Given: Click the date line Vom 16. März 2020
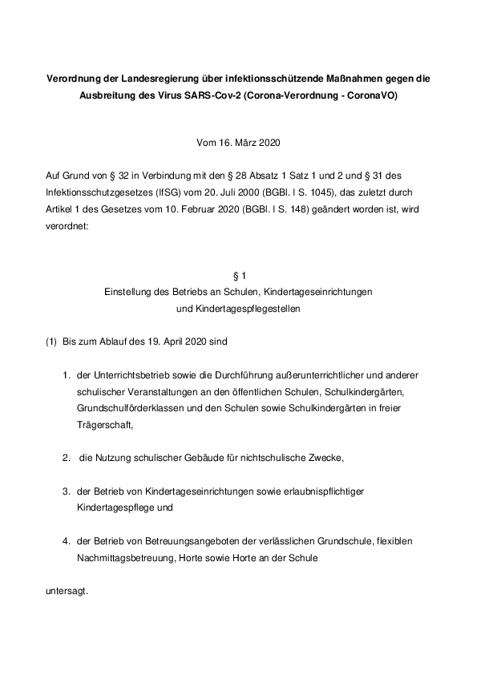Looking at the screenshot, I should [238, 143].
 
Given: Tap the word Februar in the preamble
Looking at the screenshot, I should [208, 209].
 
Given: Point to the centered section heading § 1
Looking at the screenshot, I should [238, 276].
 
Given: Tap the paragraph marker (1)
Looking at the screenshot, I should [51, 342].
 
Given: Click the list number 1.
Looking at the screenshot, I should [67, 375].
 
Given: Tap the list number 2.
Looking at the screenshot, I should [67, 458].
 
